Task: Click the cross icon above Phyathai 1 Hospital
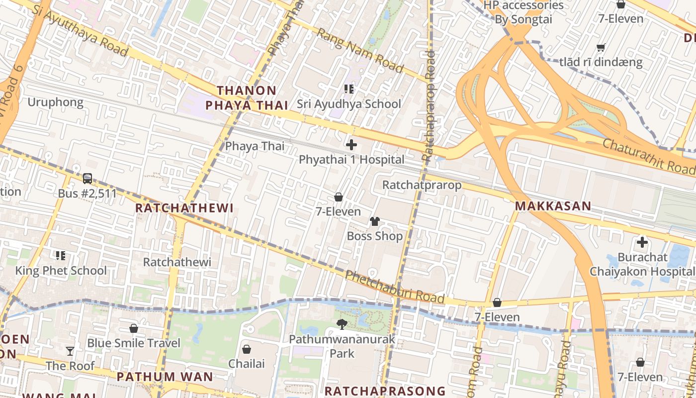351,145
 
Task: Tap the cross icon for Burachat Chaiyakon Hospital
642,243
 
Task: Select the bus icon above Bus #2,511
87,178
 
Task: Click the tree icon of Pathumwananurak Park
342,324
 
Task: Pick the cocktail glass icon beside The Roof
70,351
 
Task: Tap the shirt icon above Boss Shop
375,221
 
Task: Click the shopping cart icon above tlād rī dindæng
601,48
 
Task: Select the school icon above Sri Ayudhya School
348,89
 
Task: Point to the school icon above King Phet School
61,256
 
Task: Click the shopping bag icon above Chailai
246,349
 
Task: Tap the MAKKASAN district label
553,206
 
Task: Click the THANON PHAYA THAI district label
247,98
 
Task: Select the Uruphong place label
55,102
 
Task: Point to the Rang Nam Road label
359,50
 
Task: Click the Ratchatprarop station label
422,185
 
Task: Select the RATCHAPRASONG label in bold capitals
385,391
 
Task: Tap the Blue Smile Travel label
134,343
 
